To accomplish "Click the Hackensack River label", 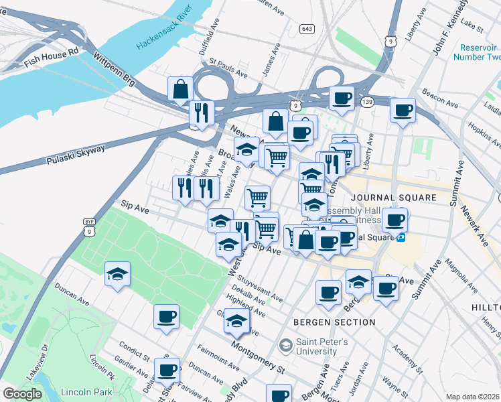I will [164, 32].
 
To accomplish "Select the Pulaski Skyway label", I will [76, 155].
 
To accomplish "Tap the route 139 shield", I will [366, 101].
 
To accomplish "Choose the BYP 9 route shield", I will [89, 226].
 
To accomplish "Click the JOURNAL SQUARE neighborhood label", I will [393, 198].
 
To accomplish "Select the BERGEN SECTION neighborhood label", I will [334, 322].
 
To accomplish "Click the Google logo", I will [22, 394].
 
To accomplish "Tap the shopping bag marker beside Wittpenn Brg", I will [181, 89].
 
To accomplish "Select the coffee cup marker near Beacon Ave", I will [403, 111].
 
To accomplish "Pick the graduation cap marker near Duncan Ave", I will [117, 275].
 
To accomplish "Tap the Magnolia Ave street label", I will [459, 273].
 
